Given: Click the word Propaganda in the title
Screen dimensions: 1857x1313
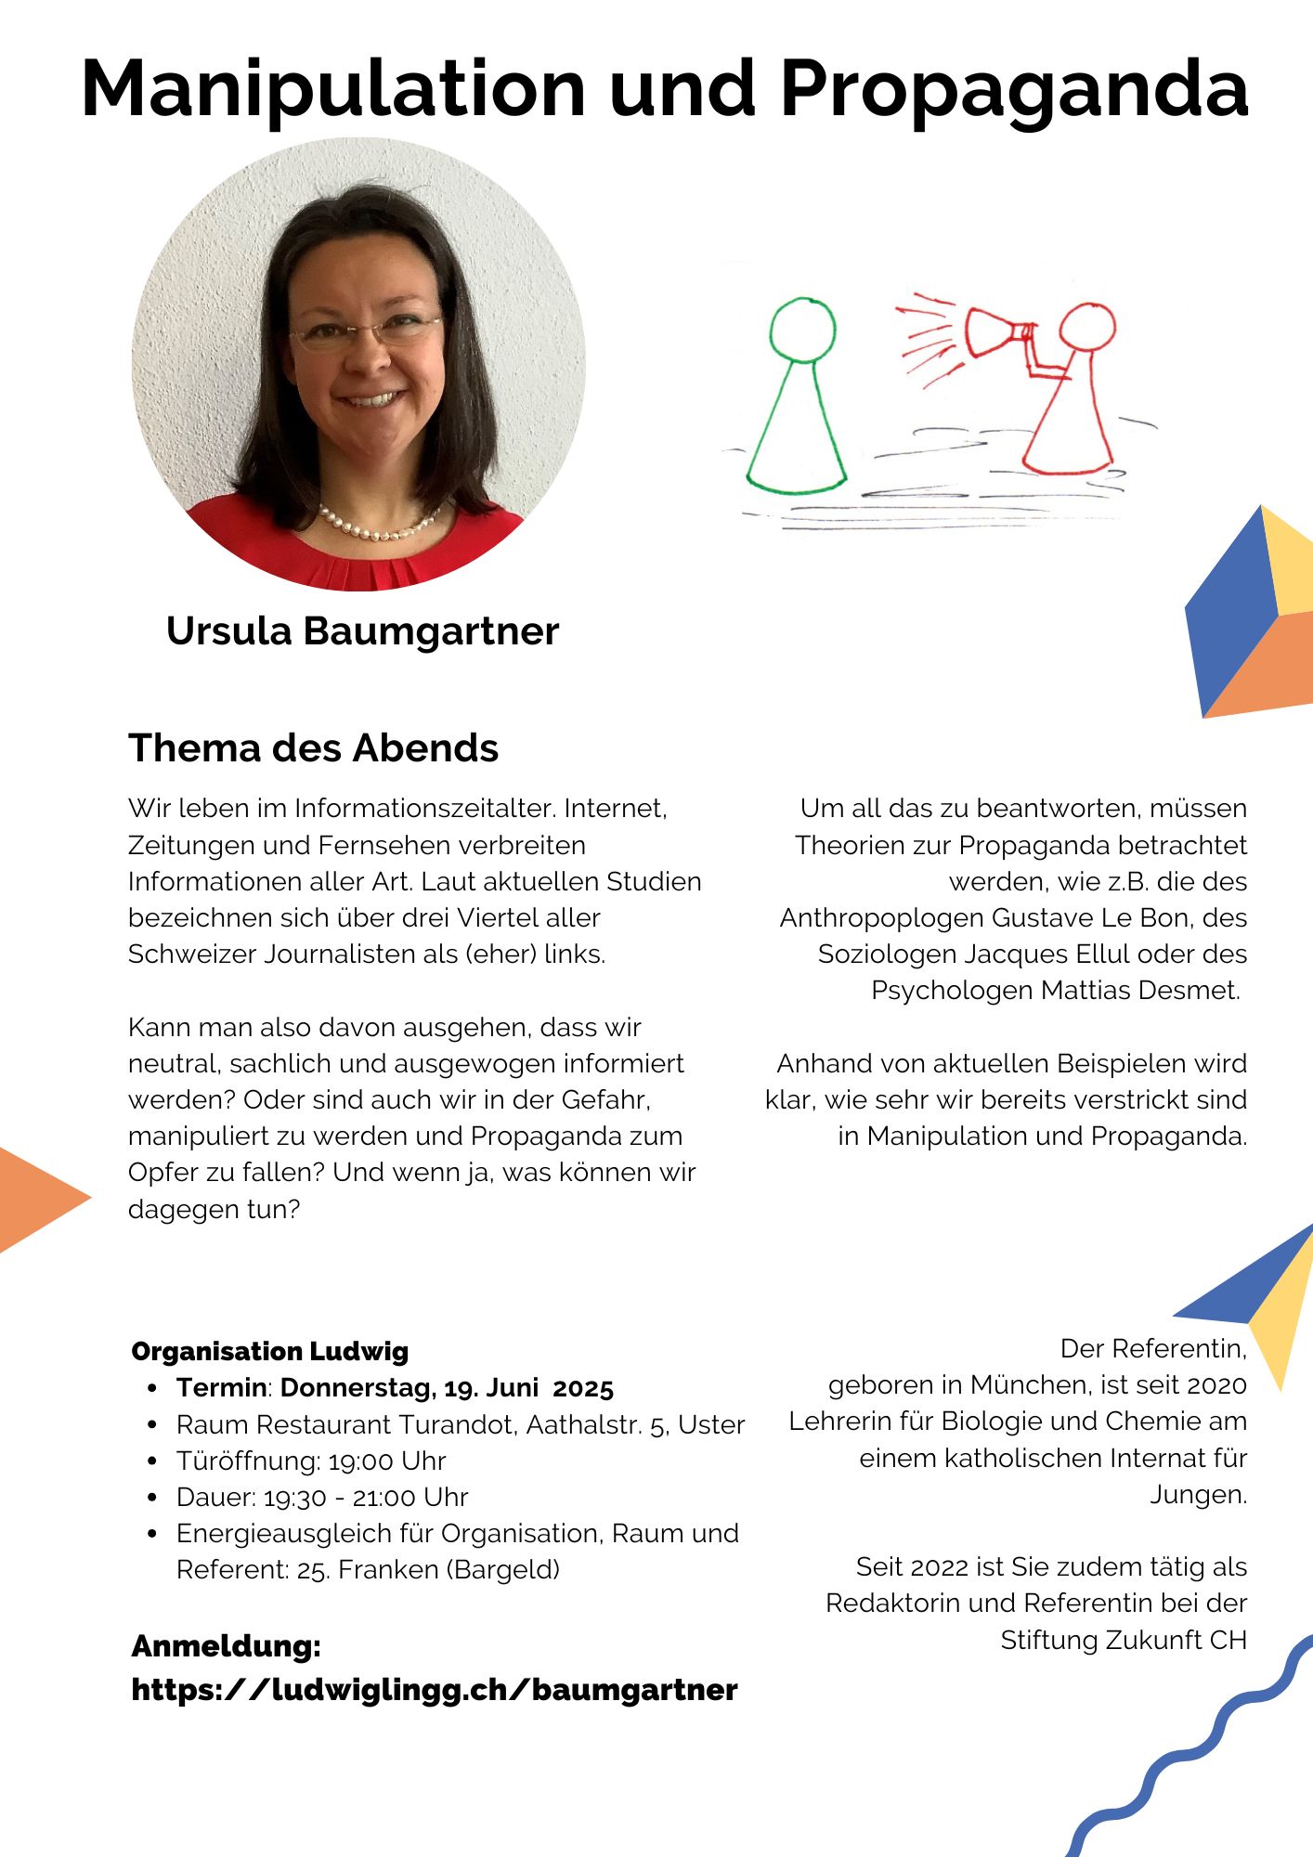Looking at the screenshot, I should [1014, 90].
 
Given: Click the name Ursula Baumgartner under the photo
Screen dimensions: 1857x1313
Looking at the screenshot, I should [362, 631].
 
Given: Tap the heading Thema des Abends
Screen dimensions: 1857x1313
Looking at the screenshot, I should [313, 748].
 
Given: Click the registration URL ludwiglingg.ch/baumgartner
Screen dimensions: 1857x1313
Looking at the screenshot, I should [435, 1690].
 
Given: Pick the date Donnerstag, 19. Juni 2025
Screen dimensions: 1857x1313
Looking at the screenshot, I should [447, 1388].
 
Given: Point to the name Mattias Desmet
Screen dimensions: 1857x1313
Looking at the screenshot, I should [1140, 991].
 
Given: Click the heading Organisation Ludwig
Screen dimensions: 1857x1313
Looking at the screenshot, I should [269, 1352].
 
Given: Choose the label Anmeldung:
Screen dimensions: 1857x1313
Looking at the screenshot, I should [226, 1646].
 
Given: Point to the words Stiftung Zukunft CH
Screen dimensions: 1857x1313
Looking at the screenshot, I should [1123, 1641].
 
